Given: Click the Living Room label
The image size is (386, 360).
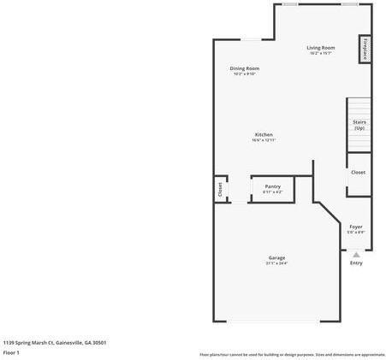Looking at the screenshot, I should tap(321, 48).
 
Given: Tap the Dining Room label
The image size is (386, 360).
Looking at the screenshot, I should tap(244, 68).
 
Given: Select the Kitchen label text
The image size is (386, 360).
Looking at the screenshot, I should tap(264, 135).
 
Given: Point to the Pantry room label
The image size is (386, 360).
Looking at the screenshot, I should tap(272, 186).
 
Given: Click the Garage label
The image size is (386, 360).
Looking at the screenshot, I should tap(276, 257).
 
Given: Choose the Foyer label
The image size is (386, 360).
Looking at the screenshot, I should tap(356, 227).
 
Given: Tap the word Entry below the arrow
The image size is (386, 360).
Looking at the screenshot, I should tap(356, 263).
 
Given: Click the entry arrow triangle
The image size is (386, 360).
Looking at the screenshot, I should tap(356, 253).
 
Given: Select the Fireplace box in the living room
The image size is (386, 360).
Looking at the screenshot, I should tap(366, 50).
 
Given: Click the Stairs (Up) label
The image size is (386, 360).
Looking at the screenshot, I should tap(359, 125).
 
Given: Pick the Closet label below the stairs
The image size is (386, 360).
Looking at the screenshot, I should tap(358, 172).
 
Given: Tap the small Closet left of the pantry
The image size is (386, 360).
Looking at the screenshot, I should tap(220, 189).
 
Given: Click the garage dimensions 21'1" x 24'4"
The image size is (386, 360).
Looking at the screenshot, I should tap(276, 263).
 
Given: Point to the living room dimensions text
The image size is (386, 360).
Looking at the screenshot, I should tap(321, 53).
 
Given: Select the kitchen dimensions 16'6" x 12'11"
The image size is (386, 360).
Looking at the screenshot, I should tap(264, 140).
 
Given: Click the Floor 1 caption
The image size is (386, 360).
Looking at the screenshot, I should tap(11, 351).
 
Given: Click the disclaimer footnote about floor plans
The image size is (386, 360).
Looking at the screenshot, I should tap(292, 354).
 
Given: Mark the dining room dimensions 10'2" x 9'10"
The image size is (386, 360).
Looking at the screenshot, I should tap(244, 74).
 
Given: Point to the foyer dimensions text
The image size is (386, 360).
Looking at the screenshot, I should tap(356, 232).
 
